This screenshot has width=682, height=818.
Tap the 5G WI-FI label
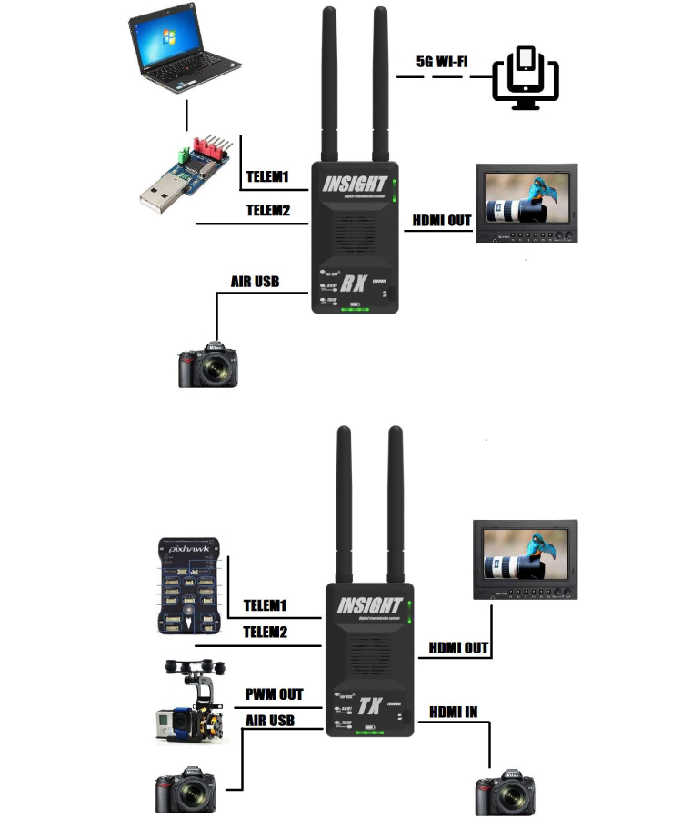444,62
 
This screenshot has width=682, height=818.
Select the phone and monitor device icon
525,77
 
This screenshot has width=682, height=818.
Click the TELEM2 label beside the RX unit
267,211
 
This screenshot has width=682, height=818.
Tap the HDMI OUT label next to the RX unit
442,220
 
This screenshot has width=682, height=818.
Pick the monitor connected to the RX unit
526,203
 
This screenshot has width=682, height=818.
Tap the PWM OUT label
274,694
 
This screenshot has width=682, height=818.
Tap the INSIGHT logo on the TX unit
369,605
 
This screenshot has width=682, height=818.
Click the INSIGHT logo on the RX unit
356,183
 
